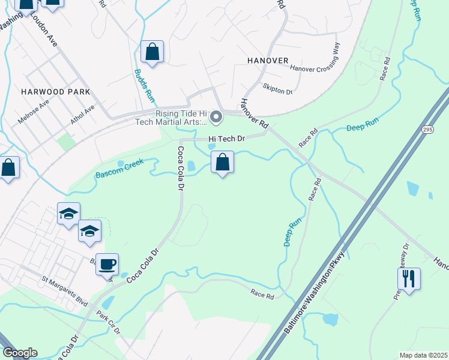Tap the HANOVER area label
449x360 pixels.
coord(268,61)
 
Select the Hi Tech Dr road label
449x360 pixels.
coord(228,139)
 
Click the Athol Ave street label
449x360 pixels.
coord(82,114)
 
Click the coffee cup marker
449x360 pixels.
coord(107,264)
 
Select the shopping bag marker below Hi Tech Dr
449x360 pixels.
coord(222,163)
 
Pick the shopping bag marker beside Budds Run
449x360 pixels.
coord(152,52)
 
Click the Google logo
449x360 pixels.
coord(20,353)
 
